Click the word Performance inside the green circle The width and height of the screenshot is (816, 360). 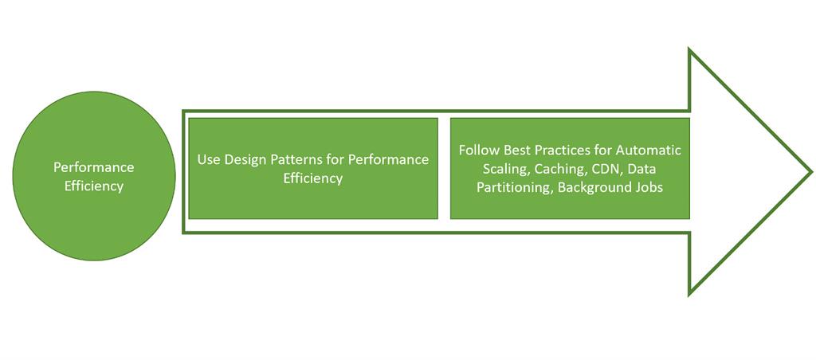[x=94, y=167]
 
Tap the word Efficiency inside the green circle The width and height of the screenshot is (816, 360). [x=94, y=186]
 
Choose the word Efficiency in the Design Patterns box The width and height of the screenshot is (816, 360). [x=313, y=178]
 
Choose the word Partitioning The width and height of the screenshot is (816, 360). [x=514, y=188]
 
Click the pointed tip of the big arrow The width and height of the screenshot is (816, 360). [x=810, y=171]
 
